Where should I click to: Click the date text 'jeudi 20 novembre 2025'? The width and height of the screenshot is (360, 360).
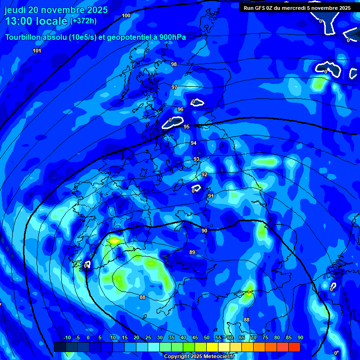(x=56, y=10)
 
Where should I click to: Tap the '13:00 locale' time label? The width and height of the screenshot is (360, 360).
(x=36, y=21)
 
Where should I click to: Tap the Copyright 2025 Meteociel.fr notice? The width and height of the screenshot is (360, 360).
(x=199, y=356)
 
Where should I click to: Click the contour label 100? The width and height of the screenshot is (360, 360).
(x=126, y=15)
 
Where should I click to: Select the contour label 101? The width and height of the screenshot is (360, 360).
(x=37, y=51)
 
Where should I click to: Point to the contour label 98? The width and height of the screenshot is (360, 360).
(x=174, y=64)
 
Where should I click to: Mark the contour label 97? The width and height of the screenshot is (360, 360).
(x=174, y=88)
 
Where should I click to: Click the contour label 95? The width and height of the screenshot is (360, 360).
(x=187, y=127)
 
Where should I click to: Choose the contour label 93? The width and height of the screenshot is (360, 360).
(x=196, y=159)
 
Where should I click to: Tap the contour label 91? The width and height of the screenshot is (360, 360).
(x=211, y=196)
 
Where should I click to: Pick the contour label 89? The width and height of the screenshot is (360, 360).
(x=192, y=252)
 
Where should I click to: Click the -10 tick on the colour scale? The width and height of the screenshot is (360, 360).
(x=67, y=337)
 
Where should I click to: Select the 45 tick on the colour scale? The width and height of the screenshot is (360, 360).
(x=195, y=337)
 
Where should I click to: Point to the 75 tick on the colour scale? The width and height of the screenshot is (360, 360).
(x=265, y=337)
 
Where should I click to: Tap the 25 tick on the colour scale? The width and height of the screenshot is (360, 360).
(x=148, y=337)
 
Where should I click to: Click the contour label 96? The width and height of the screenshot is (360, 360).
(x=180, y=109)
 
